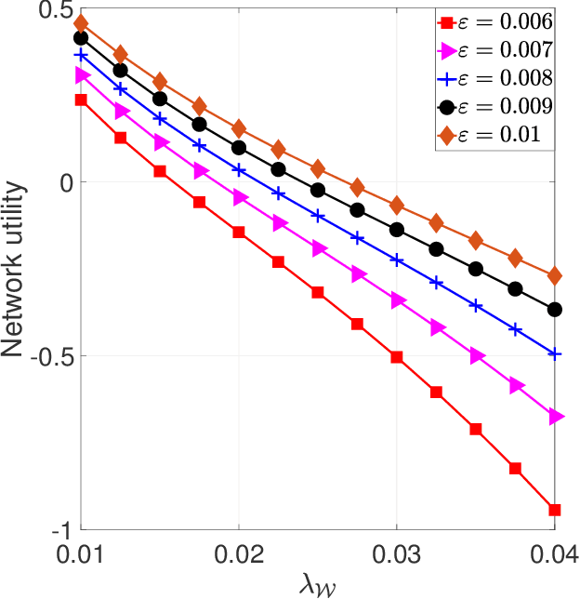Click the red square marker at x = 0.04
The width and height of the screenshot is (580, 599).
tap(555, 509)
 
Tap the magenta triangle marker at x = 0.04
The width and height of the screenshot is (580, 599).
tap(556, 417)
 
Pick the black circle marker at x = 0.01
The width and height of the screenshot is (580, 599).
tap(81, 38)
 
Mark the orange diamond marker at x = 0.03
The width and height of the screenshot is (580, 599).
tap(397, 205)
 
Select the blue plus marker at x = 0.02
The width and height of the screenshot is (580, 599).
tap(239, 170)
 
